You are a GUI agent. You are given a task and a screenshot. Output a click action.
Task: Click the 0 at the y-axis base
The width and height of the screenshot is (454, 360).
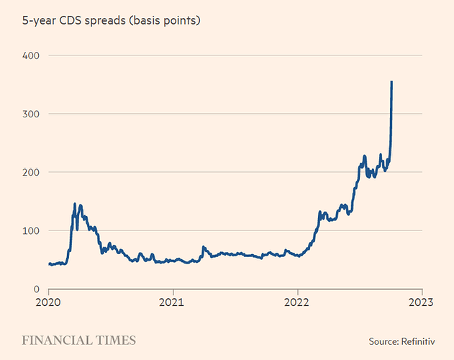point(35,289)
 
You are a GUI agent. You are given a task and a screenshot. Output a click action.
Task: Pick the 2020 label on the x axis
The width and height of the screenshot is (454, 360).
point(47,302)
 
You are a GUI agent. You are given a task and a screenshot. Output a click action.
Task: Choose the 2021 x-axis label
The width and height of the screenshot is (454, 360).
point(173,302)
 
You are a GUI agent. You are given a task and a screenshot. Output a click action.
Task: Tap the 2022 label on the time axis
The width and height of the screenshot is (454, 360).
point(297,302)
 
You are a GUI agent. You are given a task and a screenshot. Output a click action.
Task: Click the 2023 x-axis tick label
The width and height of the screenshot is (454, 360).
point(422,302)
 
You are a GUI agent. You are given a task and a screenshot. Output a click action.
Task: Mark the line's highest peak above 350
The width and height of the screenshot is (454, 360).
point(391,82)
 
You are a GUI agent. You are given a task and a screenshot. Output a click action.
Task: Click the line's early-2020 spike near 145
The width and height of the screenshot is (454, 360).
point(74,204)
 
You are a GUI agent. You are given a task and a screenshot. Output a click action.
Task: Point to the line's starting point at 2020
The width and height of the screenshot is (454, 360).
point(48,264)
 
